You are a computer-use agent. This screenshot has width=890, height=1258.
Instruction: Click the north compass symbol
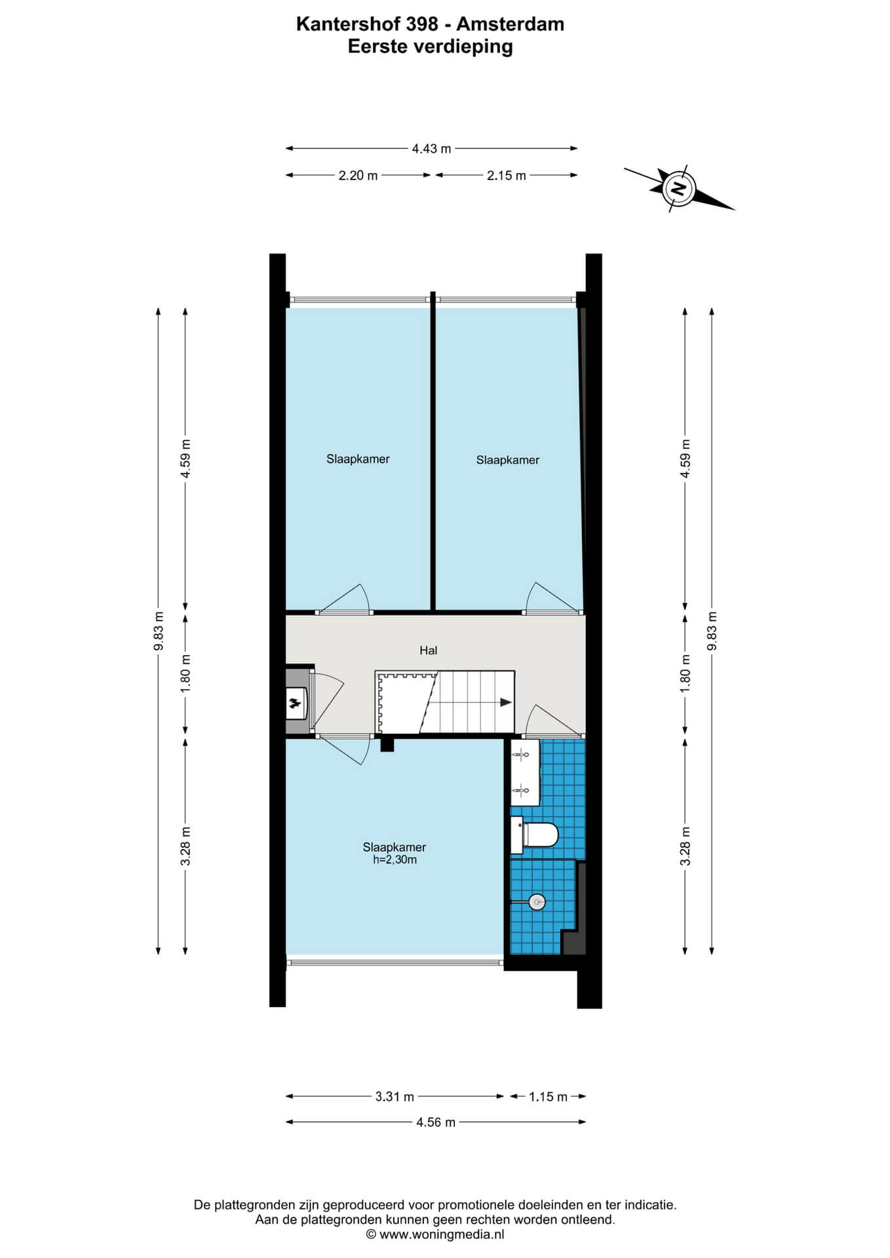(680, 189)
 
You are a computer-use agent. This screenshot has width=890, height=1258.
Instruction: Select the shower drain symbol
(537, 902)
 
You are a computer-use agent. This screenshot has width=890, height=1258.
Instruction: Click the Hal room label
(429, 650)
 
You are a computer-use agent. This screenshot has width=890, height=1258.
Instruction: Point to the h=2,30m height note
(395, 860)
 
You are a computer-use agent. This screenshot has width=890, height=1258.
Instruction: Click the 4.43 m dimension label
(431, 149)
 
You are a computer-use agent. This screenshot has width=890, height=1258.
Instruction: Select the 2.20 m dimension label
(358, 176)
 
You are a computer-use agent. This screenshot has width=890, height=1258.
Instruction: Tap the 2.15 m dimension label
(506, 176)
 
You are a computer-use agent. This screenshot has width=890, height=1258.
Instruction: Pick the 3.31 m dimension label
(395, 1096)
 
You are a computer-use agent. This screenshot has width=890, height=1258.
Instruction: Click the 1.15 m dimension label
(548, 1096)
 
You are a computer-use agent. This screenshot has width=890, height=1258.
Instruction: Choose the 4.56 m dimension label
(436, 1122)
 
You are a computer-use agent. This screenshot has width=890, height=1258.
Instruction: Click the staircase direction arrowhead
(506, 702)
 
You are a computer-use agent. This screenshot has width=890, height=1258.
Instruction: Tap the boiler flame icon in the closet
(296, 704)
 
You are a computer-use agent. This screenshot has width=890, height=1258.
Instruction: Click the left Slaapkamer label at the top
(358, 459)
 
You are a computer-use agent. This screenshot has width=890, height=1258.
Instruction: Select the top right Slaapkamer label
(508, 460)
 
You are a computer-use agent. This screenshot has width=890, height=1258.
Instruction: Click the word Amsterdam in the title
(510, 24)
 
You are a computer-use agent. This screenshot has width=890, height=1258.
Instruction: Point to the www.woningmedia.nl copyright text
(435, 1234)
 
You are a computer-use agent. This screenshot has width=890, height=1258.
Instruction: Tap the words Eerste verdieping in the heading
(431, 47)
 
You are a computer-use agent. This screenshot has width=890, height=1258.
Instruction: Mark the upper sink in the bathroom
(523, 755)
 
